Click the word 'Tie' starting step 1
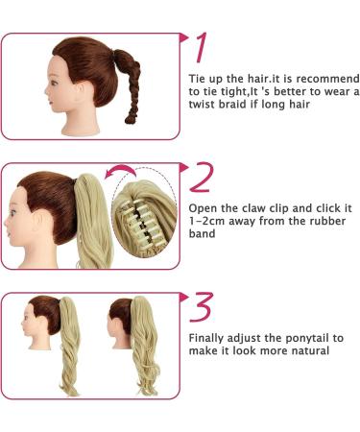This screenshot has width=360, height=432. click(197, 79)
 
